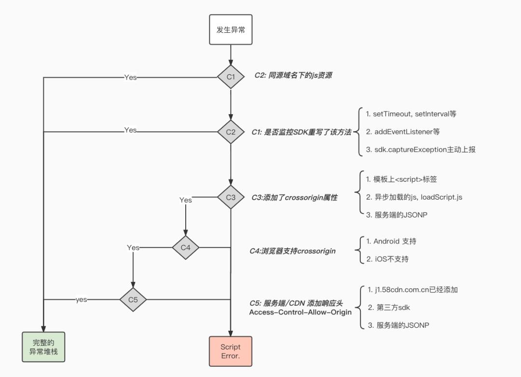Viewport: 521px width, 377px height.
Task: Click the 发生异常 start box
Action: pos(231,30)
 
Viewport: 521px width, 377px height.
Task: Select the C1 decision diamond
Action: pos(231,77)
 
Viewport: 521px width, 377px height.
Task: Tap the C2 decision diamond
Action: pos(231,132)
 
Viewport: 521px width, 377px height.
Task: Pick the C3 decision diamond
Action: pos(231,197)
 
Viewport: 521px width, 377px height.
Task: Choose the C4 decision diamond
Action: pos(186,248)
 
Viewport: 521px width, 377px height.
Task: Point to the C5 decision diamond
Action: pos(133,299)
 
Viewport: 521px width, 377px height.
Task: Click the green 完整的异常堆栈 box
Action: pos(43,347)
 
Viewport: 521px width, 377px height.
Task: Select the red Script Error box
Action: pos(231,351)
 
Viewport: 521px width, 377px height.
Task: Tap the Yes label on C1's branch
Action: pos(130,77)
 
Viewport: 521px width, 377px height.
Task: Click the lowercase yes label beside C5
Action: pos(82,300)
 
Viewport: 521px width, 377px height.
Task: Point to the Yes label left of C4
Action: pos(133,248)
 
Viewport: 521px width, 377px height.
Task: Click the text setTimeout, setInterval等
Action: pos(411,114)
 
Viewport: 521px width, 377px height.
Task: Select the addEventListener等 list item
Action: pos(403,132)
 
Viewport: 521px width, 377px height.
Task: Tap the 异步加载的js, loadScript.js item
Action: pos(414,197)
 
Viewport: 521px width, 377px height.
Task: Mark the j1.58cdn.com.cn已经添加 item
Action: pos(412,290)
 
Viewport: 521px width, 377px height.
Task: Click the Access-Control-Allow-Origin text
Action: pos(301,312)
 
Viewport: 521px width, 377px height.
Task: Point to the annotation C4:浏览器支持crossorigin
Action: pos(292,251)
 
